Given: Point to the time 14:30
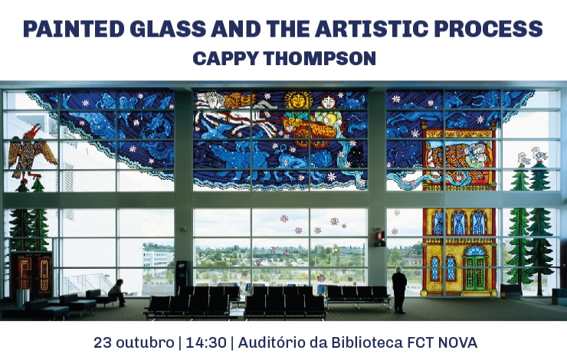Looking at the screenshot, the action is tap(206, 342).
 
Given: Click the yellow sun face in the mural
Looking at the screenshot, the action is tap(297, 100).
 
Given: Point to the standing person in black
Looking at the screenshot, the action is tap(399, 290).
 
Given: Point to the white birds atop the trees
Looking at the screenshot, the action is tap(533, 155).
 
